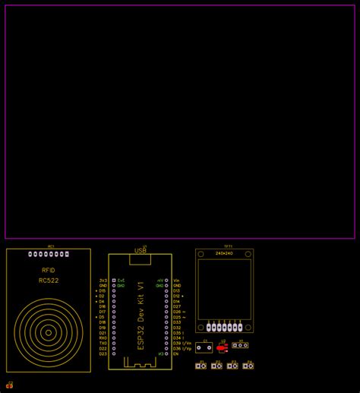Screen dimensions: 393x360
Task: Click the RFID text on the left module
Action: click(x=48, y=270)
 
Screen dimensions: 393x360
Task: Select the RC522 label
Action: click(x=49, y=280)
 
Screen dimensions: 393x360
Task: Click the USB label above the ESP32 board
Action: click(x=141, y=250)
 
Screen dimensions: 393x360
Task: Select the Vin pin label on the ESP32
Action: click(x=177, y=280)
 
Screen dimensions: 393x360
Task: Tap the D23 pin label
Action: click(x=103, y=354)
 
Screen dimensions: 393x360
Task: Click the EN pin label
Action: click(x=176, y=354)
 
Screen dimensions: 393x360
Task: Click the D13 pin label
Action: click(x=177, y=290)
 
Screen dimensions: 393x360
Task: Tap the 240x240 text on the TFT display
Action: click(x=224, y=253)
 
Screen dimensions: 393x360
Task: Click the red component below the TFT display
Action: click(x=223, y=347)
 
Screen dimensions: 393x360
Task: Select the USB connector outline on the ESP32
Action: click(x=141, y=259)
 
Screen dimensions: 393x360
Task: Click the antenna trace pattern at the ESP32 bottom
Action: click(x=140, y=366)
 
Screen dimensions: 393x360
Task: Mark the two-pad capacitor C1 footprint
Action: click(x=204, y=347)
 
